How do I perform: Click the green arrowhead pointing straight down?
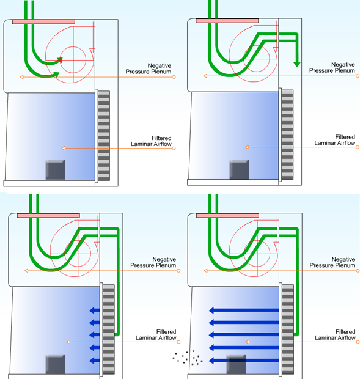click(x=297, y=64)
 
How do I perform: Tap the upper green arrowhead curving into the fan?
click(x=60, y=60)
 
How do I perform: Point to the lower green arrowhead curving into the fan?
click(x=56, y=75)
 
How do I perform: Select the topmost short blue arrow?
click(x=95, y=311)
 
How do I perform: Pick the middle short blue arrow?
click(x=95, y=335)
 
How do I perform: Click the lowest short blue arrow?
click(x=95, y=361)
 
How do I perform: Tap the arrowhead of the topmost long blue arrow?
click(x=211, y=311)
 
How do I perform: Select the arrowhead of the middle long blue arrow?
click(x=211, y=335)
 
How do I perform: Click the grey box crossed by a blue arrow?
click(x=237, y=364)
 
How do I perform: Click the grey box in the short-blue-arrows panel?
click(x=56, y=364)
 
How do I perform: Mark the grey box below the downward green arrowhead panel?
click(x=239, y=170)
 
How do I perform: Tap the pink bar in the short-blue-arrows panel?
click(x=48, y=215)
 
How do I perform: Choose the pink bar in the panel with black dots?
click(x=227, y=215)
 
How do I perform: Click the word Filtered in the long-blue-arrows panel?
click(x=345, y=331)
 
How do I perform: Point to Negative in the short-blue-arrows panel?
click(x=164, y=259)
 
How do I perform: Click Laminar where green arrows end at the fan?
click(x=141, y=144)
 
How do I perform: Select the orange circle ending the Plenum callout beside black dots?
click(x=358, y=271)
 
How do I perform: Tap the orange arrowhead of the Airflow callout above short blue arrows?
click(x=68, y=342)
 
